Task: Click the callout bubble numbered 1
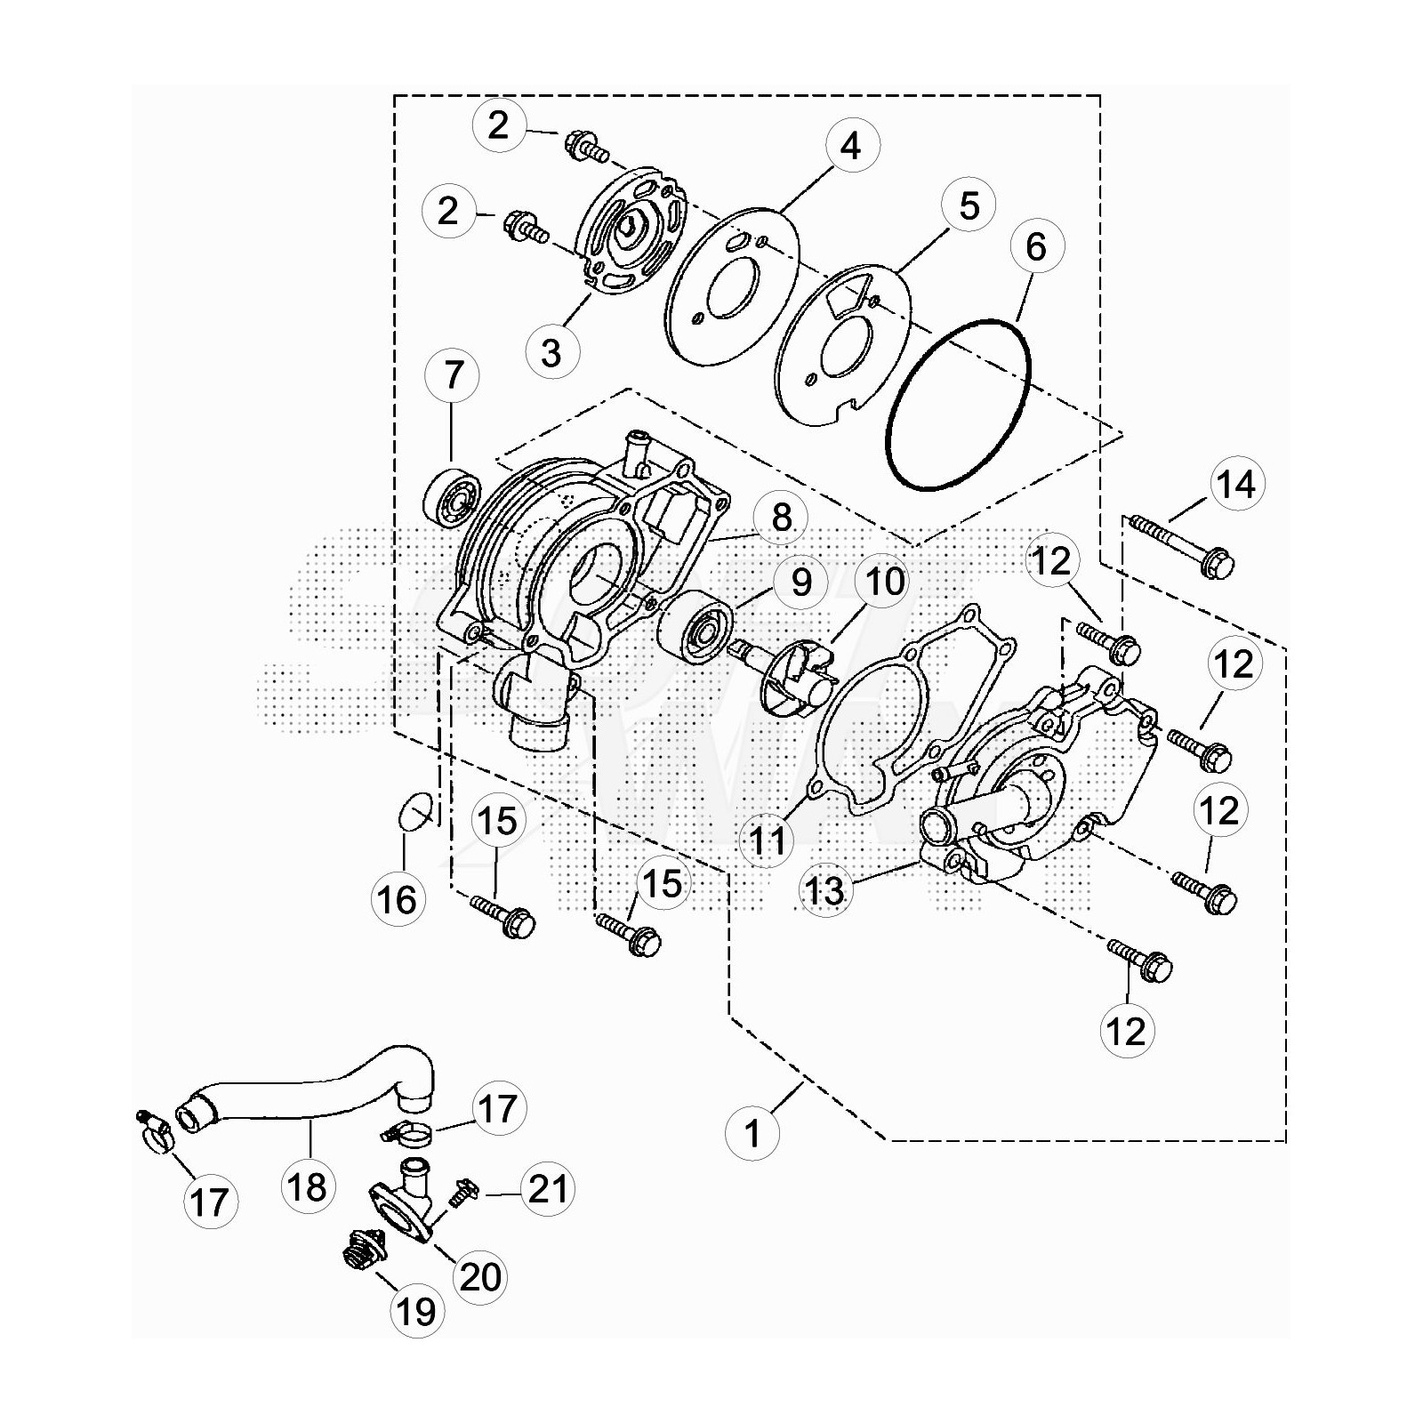coord(753,1134)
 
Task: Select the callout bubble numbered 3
coord(551,352)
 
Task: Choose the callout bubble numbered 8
coord(781,517)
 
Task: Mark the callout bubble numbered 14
coord(1237,486)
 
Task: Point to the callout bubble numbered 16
coord(398,900)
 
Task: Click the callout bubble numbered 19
coord(417,1310)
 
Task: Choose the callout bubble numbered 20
coord(480,1276)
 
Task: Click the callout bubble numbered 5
coord(969,205)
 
